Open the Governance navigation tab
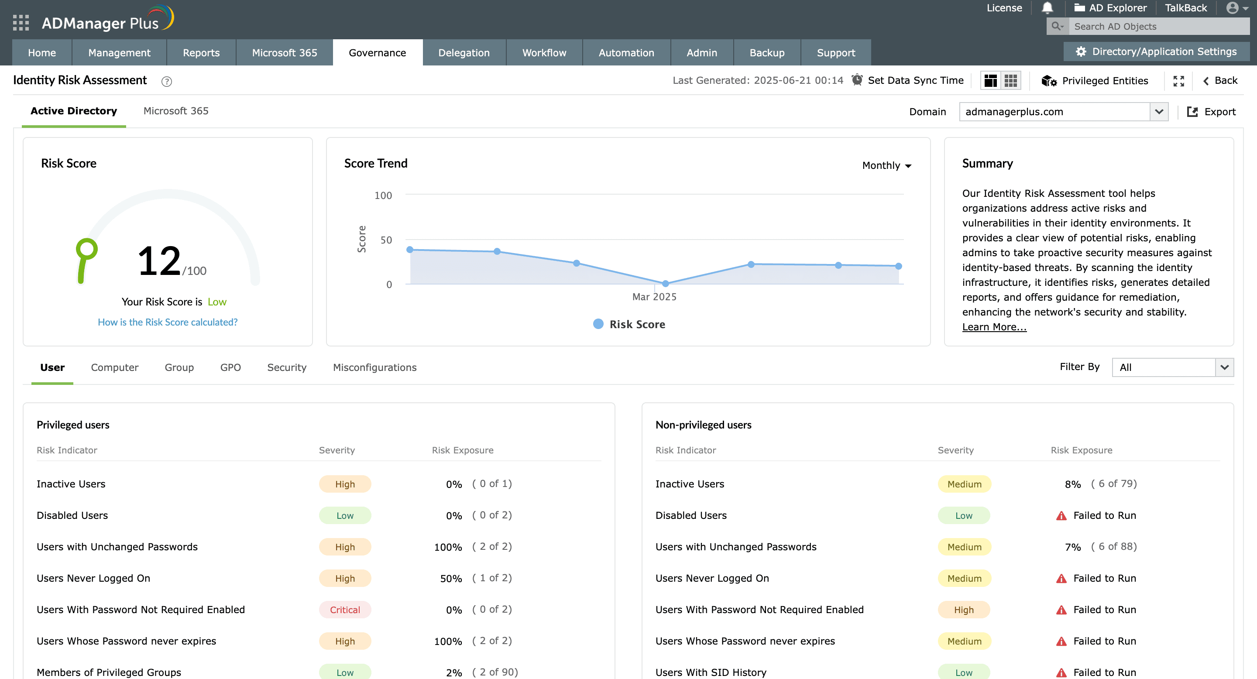pyautogui.click(x=377, y=53)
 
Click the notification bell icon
pyautogui.click(x=1047, y=8)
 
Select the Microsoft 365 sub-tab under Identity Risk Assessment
pyautogui.click(x=175, y=111)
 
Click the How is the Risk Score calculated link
pyautogui.click(x=167, y=322)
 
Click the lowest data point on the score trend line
pyautogui.click(x=665, y=283)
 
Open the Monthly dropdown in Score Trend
pyautogui.click(x=886, y=165)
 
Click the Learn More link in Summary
pyautogui.click(x=994, y=327)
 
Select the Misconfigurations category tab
pyautogui.click(x=374, y=367)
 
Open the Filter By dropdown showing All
pyautogui.click(x=1172, y=367)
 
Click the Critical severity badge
pyautogui.click(x=344, y=610)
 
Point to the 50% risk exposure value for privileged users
pyautogui.click(x=451, y=579)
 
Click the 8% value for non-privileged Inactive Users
pyautogui.click(x=1072, y=484)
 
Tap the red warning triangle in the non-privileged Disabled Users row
pyautogui.click(x=1061, y=516)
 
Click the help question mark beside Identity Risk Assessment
pyautogui.click(x=166, y=82)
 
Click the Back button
pyautogui.click(x=1220, y=80)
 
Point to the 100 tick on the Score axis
pyautogui.click(x=383, y=195)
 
